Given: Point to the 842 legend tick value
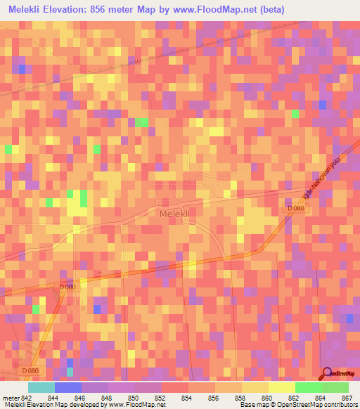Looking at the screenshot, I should click(27, 398).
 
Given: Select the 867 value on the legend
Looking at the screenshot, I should click(347, 398).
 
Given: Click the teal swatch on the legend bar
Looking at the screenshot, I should click(41, 387).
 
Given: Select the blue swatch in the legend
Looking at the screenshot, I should click(68, 387).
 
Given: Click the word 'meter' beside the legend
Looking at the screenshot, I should click(10, 398).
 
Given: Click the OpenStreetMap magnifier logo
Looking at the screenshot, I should click(327, 375).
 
